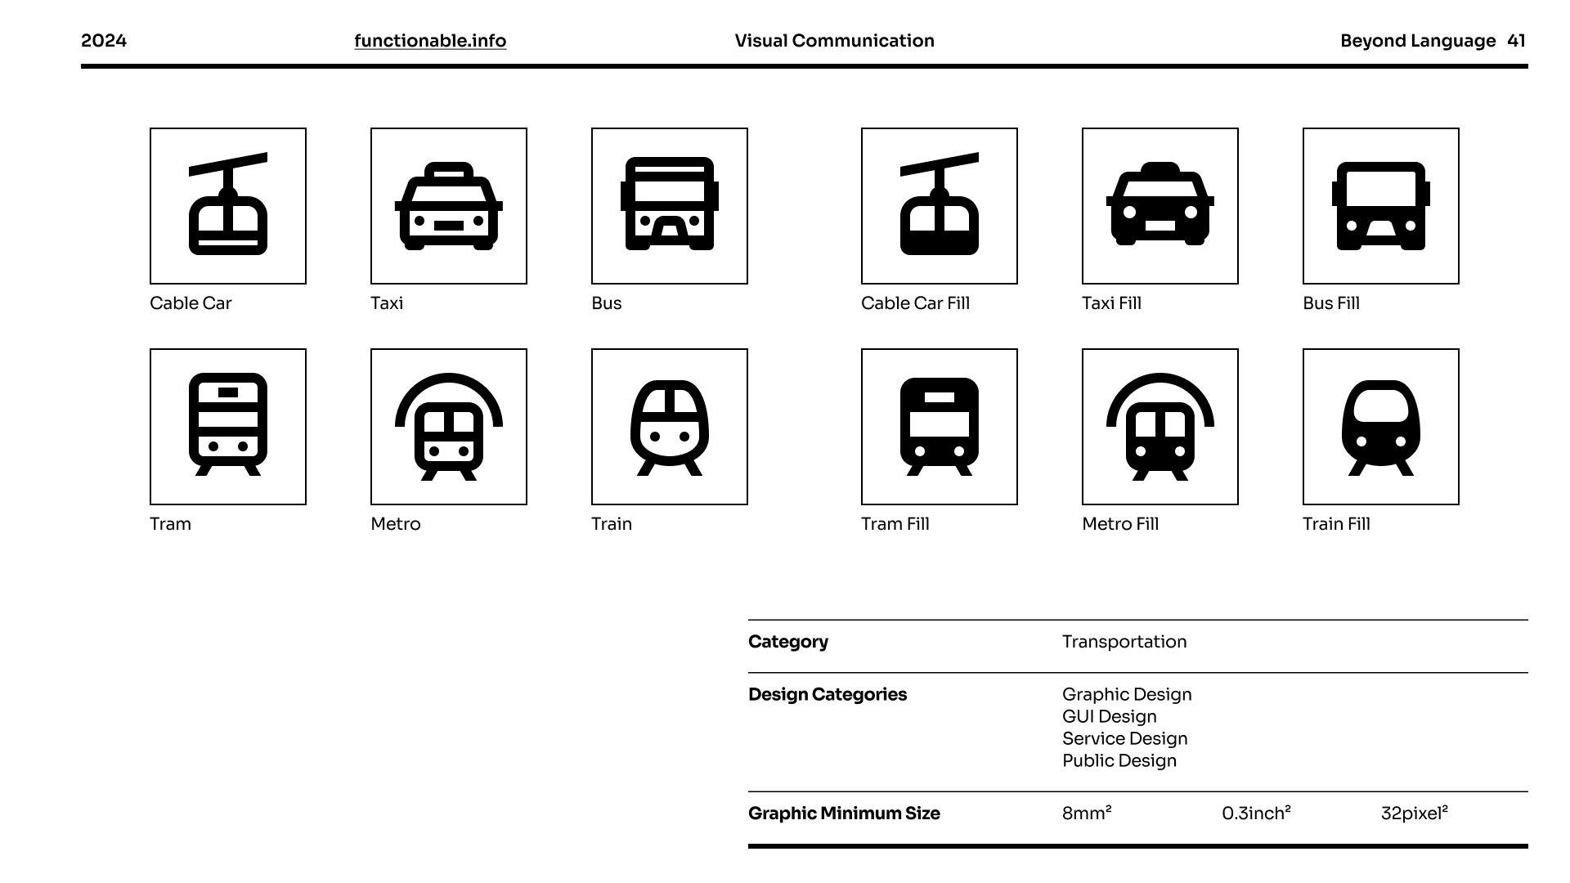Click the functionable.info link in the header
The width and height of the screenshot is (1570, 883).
430,41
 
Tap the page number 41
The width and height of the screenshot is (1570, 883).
1516,41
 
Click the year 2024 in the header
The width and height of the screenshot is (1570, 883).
104,41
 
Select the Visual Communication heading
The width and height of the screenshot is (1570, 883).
834,41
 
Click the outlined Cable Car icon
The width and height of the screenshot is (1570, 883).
228,206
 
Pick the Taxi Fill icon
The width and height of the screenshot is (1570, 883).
1160,206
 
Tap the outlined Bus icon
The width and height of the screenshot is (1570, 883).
670,206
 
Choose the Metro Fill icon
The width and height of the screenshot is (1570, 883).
1160,427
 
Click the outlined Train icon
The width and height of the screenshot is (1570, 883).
670,427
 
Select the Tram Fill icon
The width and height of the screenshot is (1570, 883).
940,427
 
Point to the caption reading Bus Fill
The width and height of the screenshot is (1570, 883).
1331,303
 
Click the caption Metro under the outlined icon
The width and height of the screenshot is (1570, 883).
396,524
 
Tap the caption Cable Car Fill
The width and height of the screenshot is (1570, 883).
915,303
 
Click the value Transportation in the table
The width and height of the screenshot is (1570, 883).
1124,642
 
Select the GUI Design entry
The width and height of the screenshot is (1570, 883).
1110,717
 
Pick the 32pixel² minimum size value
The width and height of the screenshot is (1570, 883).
1414,814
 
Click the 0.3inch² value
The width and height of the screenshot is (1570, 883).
1256,814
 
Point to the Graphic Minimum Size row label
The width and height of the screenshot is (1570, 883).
844,814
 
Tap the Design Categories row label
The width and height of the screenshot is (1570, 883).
828,695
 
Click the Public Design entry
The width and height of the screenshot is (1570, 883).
1119,761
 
